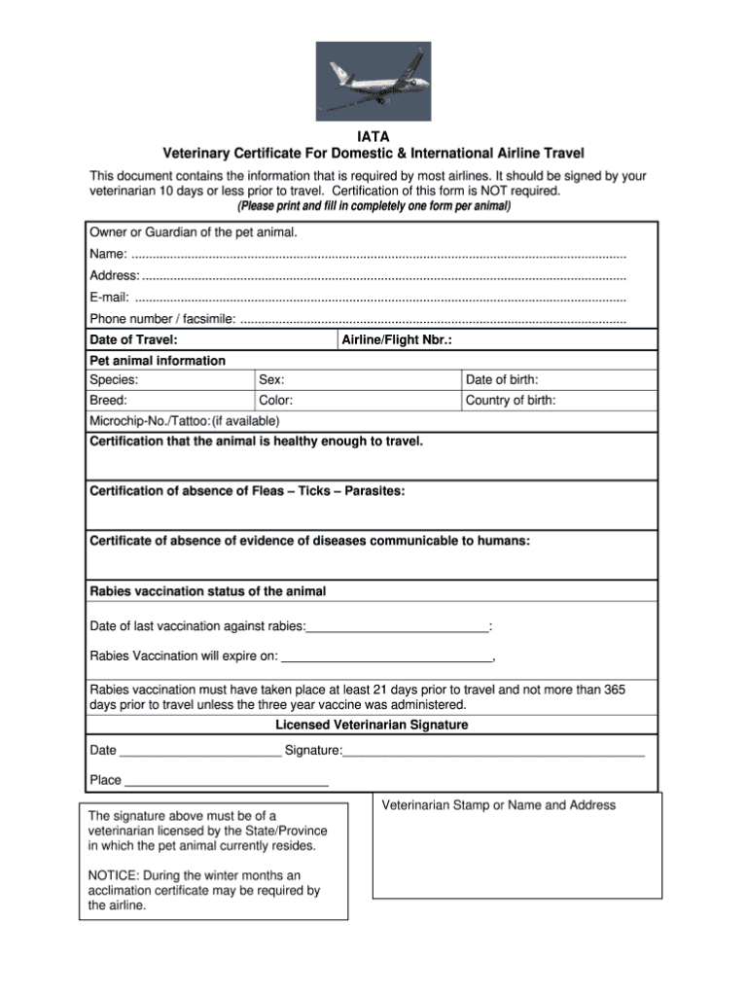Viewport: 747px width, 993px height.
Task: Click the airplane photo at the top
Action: click(x=373, y=81)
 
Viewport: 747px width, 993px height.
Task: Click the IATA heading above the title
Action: click(x=373, y=137)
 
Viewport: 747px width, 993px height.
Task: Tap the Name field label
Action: click(x=106, y=254)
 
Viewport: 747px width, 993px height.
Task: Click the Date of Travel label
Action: click(x=133, y=340)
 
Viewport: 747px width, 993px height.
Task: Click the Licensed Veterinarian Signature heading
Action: click(x=372, y=726)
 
